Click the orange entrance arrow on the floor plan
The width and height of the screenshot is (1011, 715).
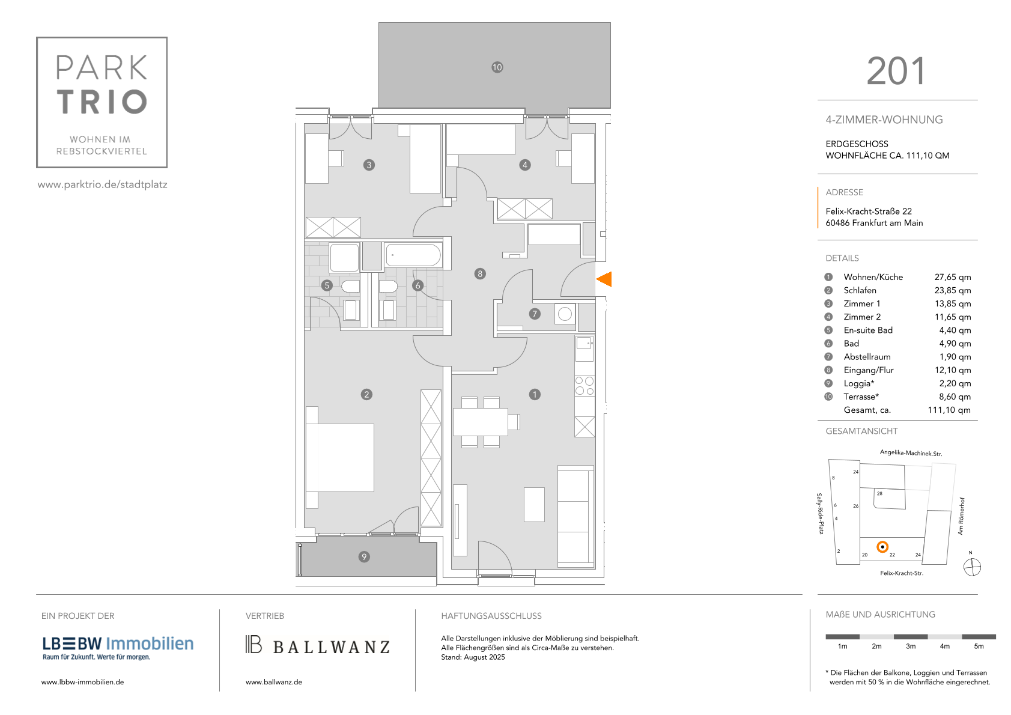[x=604, y=279]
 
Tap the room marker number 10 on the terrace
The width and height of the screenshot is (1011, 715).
[x=497, y=67]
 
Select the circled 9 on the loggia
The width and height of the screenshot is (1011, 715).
[x=363, y=557]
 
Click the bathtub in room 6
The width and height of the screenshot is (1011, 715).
[x=413, y=255]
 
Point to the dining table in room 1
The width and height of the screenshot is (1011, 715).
[x=481, y=422]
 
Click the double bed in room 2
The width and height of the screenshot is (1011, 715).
[x=340, y=458]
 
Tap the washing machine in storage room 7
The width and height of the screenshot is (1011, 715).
[x=565, y=314]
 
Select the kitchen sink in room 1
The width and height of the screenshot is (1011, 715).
[x=584, y=343]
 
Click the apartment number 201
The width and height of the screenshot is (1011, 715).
[x=896, y=71]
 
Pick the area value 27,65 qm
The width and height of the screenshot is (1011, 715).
[x=953, y=277]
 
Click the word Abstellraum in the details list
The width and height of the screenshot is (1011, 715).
[x=867, y=357]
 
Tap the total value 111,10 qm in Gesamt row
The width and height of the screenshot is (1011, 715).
[x=949, y=410]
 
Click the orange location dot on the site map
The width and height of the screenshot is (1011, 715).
[x=882, y=547]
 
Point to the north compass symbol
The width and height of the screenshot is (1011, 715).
[x=972, y=567]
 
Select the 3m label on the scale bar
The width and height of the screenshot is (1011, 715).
[x=911, y=647]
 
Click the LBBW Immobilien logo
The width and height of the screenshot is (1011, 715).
[x=118, y=648]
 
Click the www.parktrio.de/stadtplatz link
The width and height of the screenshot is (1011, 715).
[x=102, y=184]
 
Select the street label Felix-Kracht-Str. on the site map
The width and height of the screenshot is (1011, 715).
[x=902, y=573]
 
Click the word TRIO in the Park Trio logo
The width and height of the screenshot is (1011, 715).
[x=102, y=102]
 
